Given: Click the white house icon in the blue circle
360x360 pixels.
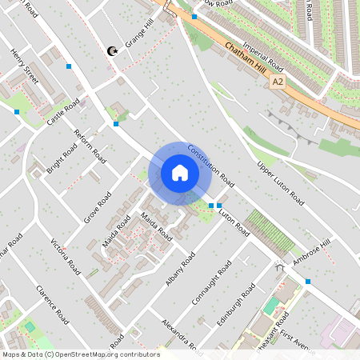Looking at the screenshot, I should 180,173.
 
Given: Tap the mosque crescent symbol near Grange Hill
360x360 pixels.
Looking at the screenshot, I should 113,52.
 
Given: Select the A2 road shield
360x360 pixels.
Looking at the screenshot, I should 277,82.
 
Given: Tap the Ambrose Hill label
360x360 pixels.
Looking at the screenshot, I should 310,252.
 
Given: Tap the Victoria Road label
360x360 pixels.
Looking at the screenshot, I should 65,256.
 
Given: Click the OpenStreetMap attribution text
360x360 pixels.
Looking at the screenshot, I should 81,354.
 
